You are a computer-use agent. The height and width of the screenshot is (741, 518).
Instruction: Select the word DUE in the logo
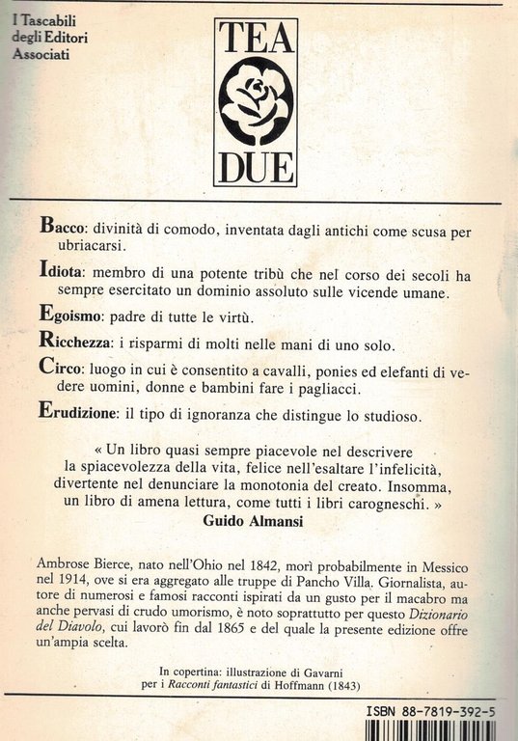click(256, 166)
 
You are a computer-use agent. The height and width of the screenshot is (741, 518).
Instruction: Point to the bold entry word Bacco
click(63, 227)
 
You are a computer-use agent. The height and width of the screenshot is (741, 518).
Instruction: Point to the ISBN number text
click(433, 710)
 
